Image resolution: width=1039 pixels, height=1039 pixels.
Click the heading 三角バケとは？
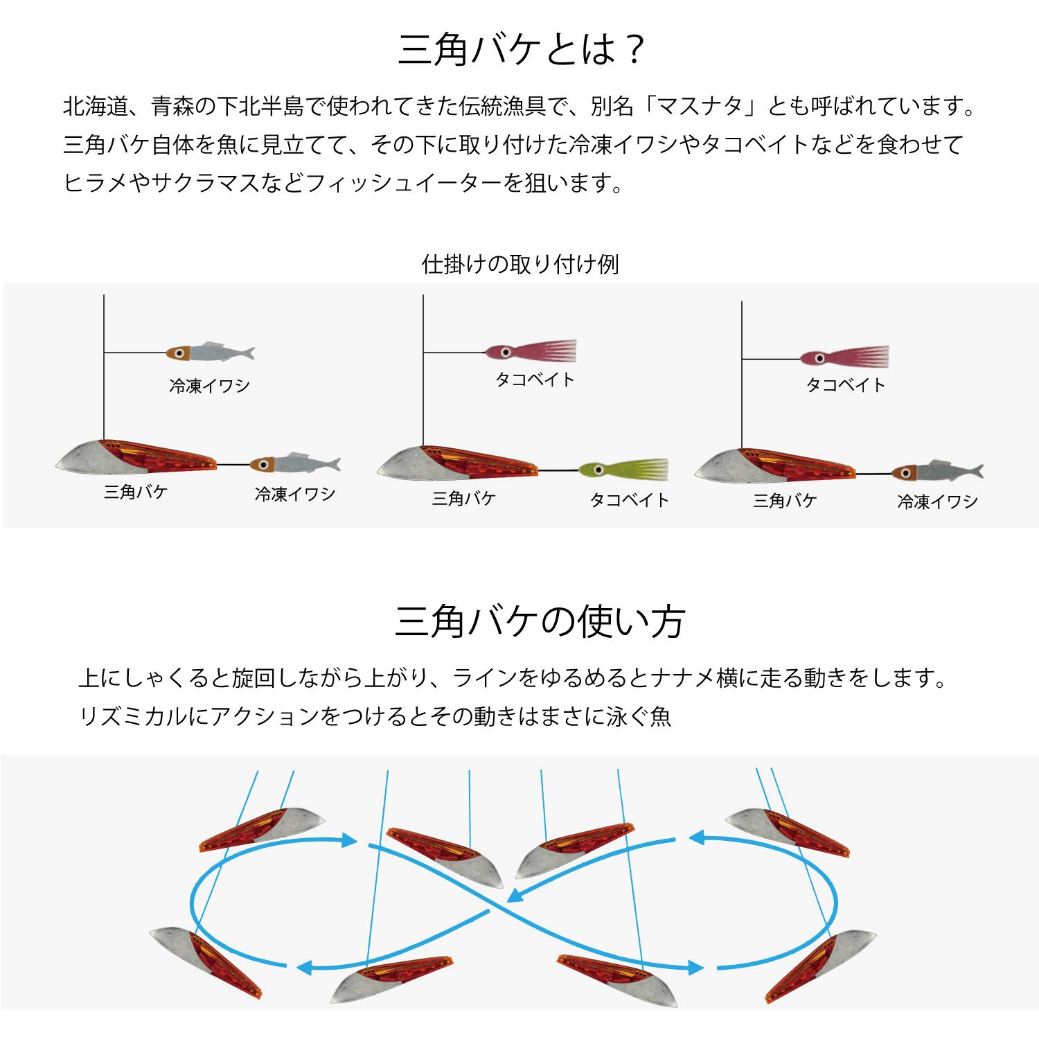tap(521, 51)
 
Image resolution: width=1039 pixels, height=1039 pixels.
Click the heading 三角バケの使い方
tap(539, 621)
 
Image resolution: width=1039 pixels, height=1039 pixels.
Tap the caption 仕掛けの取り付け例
tap(519, 265)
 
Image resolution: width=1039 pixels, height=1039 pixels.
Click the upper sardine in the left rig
tap(211, 352)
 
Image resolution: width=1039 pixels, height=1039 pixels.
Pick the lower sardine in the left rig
tap(295, 464)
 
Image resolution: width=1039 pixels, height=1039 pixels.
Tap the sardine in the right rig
tap(936, 472)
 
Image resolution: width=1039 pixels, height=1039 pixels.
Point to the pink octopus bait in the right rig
tap(844, 357)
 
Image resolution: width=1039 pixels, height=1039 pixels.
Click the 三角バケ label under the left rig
tap(136, 492)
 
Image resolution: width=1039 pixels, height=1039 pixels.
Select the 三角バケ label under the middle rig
tap(463, 498)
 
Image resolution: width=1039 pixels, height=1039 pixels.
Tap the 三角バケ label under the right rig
tap(785, 500)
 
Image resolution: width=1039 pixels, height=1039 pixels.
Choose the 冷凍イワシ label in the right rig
tap(937, 501)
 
